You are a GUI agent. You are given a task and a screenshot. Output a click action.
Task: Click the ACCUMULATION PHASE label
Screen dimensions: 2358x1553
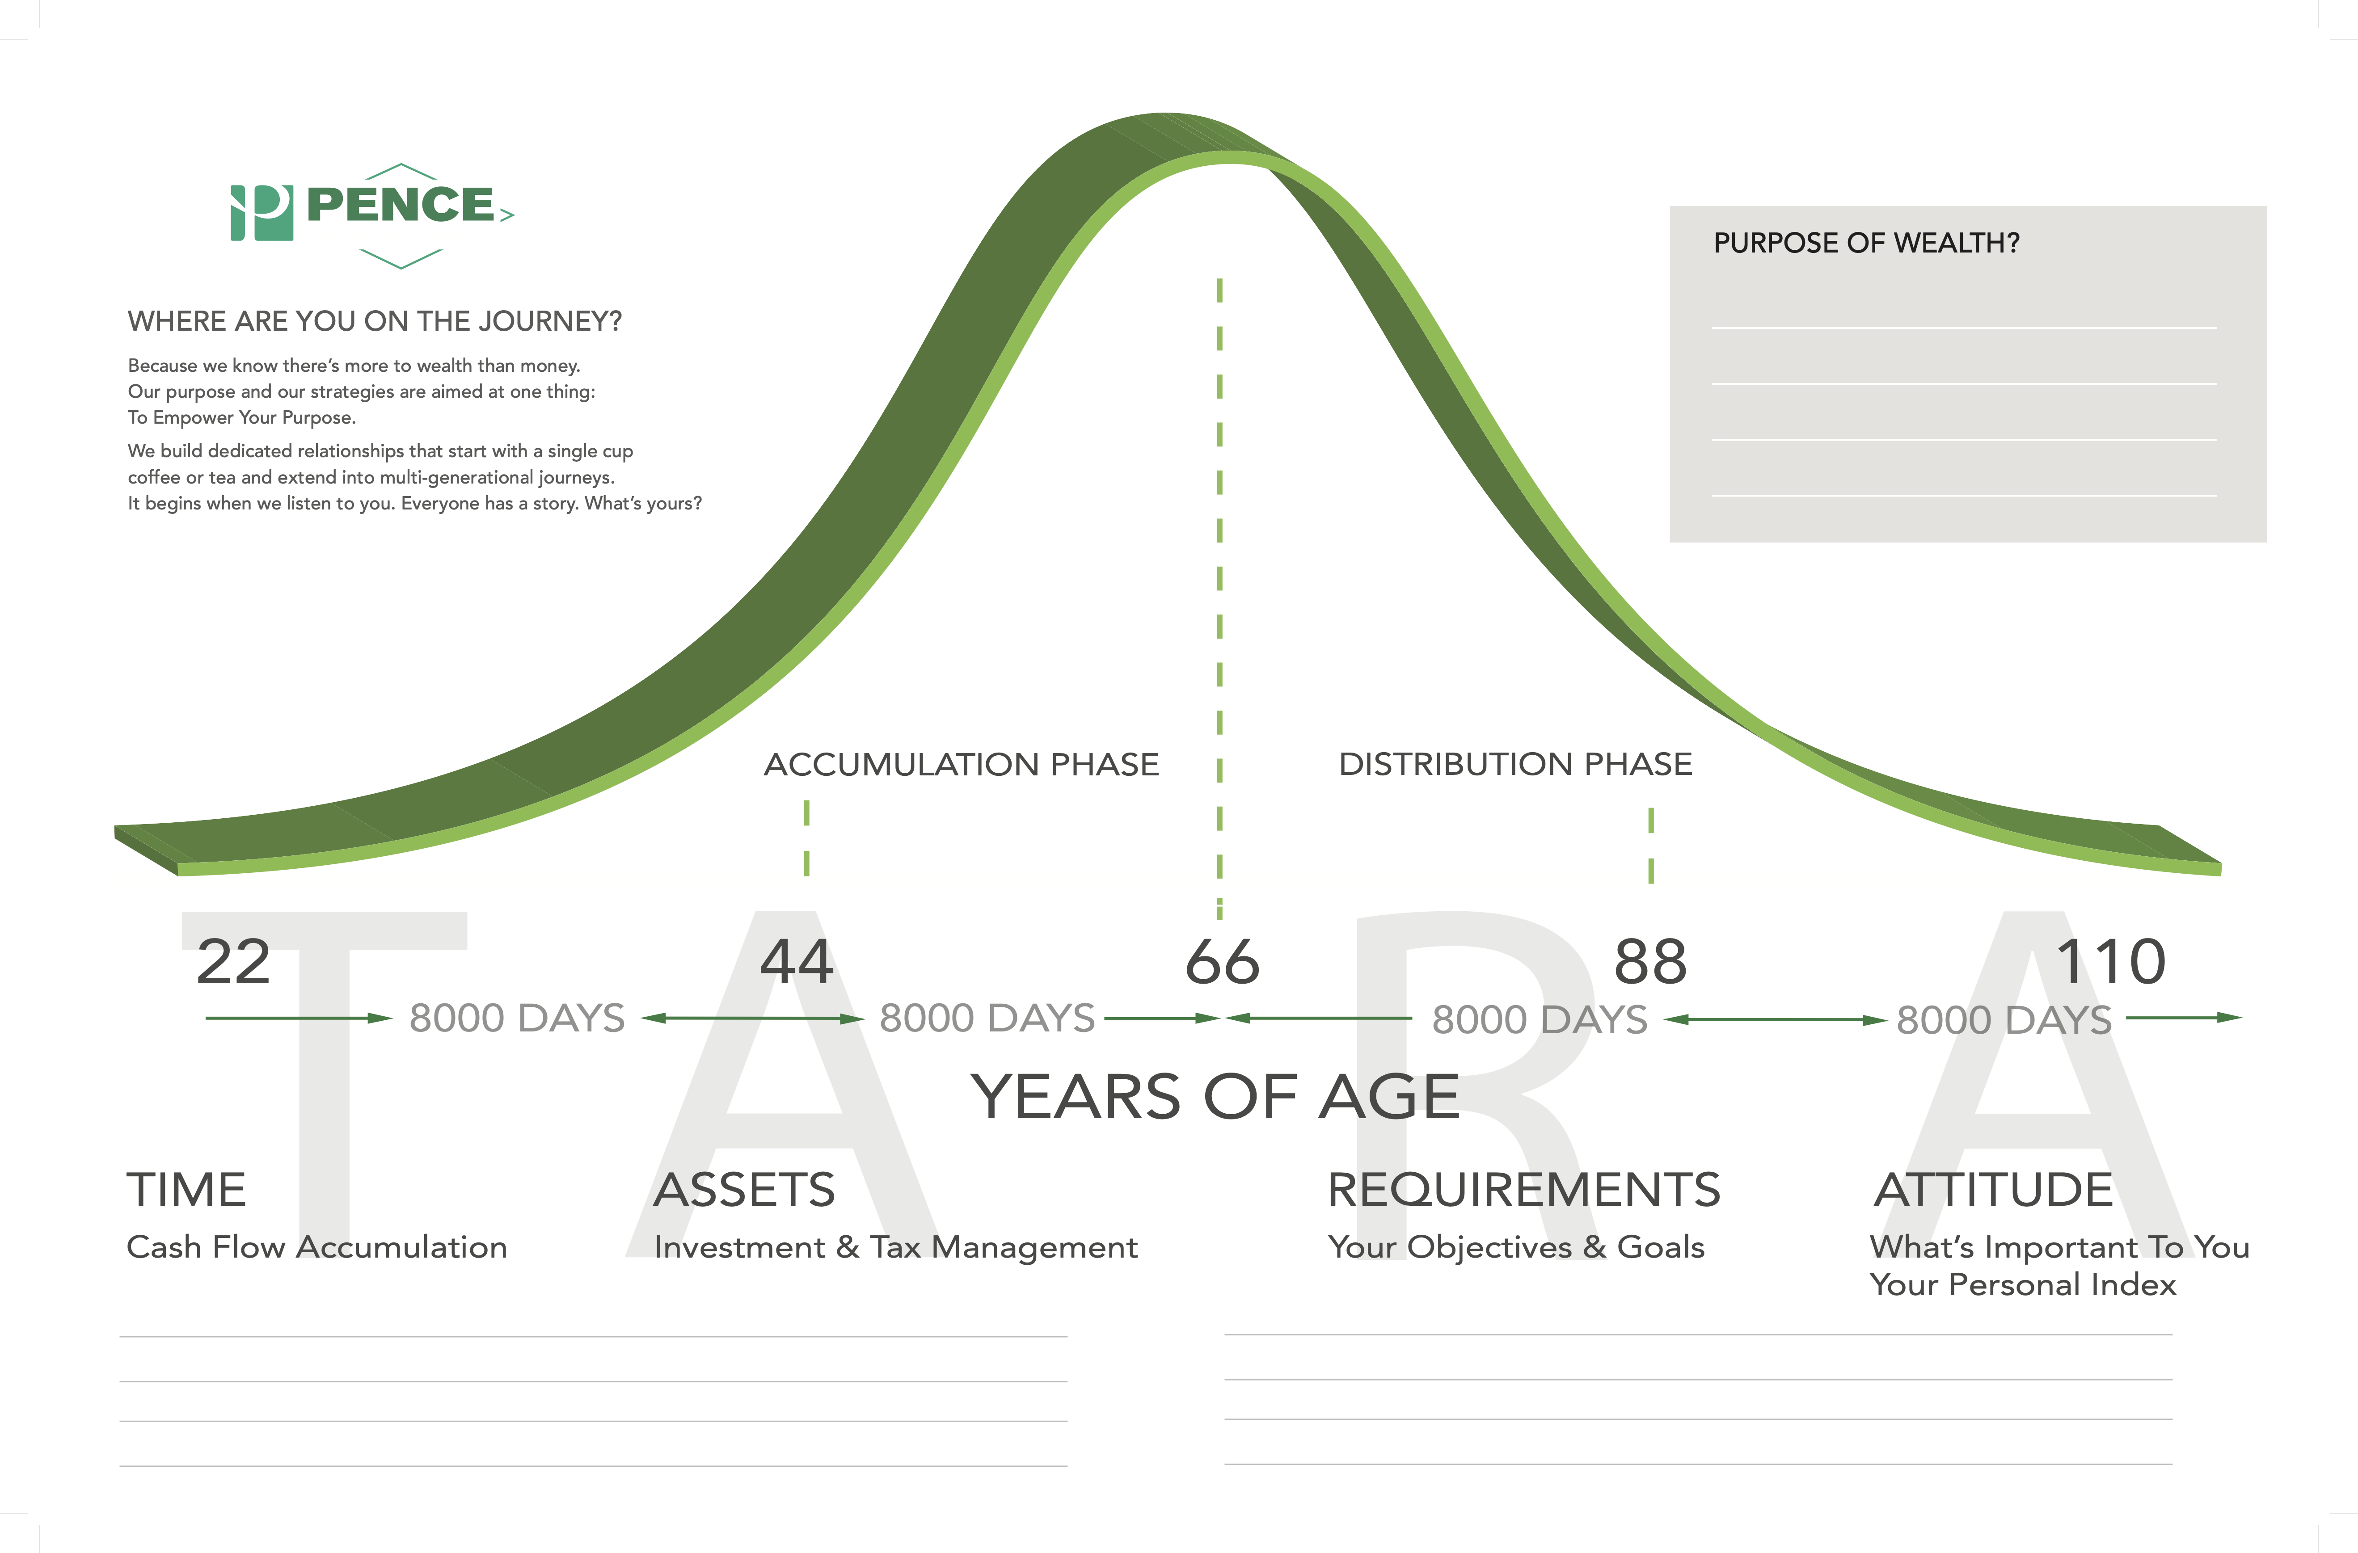click(961, 765)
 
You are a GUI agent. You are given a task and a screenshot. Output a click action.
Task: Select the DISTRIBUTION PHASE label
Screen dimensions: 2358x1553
click(1516, 765)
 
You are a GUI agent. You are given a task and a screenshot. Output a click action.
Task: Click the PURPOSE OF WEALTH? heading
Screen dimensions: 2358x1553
click(1867, 243)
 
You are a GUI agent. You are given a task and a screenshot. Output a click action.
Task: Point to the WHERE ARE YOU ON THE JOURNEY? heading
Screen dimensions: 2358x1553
click(375, 321)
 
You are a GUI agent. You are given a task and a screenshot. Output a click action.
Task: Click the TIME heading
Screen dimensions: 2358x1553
click(186, 1190)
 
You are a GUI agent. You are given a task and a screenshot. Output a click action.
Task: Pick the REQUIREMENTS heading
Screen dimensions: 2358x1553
click(1524, 1190)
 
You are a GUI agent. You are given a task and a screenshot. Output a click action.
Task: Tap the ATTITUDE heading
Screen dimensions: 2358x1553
click(1993, 1190)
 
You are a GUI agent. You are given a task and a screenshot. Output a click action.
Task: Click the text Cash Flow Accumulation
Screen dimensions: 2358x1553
click(317, 1247)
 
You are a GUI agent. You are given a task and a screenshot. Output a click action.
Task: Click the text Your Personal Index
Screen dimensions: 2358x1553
click(2023, 1284)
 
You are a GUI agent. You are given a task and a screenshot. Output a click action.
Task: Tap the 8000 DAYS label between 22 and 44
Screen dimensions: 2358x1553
click(517, 1018)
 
